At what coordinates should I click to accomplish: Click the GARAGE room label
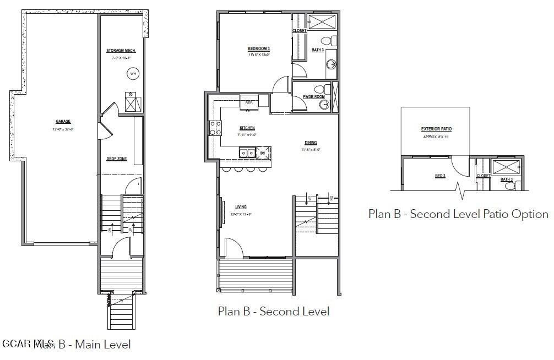tap(63, 122)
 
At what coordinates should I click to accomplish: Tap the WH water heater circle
tap(133, 73)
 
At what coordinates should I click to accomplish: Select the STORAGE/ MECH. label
tap(121, 51)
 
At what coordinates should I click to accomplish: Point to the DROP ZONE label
tap(117, 159)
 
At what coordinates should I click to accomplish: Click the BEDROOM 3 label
tap(258, 49)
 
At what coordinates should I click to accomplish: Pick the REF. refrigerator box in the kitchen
tap(249, 102)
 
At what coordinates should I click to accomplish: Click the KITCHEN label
tap(247, 128)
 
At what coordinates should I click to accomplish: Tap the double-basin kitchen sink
tap(246, 152)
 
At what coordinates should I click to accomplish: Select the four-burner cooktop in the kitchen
tap(215, 128)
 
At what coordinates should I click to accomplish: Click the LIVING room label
tap(241, 208)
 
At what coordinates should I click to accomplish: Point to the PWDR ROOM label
tap(314, 97)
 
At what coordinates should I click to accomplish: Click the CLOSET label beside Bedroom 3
tap(299, 31)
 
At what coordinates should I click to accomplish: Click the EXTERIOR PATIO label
tap(436, 129)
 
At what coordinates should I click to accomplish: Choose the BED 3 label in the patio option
tap(440, 176)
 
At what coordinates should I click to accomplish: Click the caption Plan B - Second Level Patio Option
tap(458, 214)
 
